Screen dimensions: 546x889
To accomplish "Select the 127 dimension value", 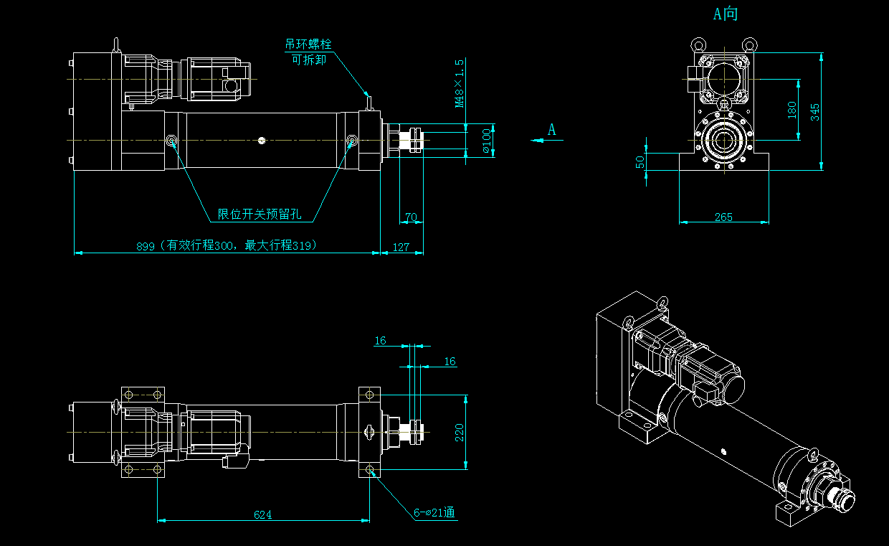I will click(x=401, y=247).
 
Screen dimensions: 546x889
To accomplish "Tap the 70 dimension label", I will click(x=411, y=217).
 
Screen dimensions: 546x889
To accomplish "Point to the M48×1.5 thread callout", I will click(x=460, y=83).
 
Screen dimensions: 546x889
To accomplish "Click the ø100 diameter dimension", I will click(x=487, y=141).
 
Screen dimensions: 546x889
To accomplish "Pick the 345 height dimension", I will click(x=814, y=111).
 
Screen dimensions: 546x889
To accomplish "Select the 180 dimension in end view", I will click(x=791, y=110).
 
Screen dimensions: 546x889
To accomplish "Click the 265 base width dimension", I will click(x=724, y=217).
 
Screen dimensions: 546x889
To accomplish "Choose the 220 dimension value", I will click(x=460, y=432).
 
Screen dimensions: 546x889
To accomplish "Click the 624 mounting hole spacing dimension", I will click(x=263, y=514).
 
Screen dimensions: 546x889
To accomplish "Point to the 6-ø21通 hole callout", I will click(x=434, y=512).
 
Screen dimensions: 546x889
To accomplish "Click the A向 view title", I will click(x=725, y=14).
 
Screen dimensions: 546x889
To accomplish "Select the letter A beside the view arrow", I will click(x=552, y=130).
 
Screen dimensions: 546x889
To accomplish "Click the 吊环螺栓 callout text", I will click(x=308, y=44).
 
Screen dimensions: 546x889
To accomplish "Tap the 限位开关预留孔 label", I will click(x=260, y=214).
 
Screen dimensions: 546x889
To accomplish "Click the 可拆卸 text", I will click(x=308, y=60).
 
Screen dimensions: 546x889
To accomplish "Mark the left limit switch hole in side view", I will click(x=173, y=141).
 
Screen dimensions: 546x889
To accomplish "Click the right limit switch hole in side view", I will click(x=352, y=141).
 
